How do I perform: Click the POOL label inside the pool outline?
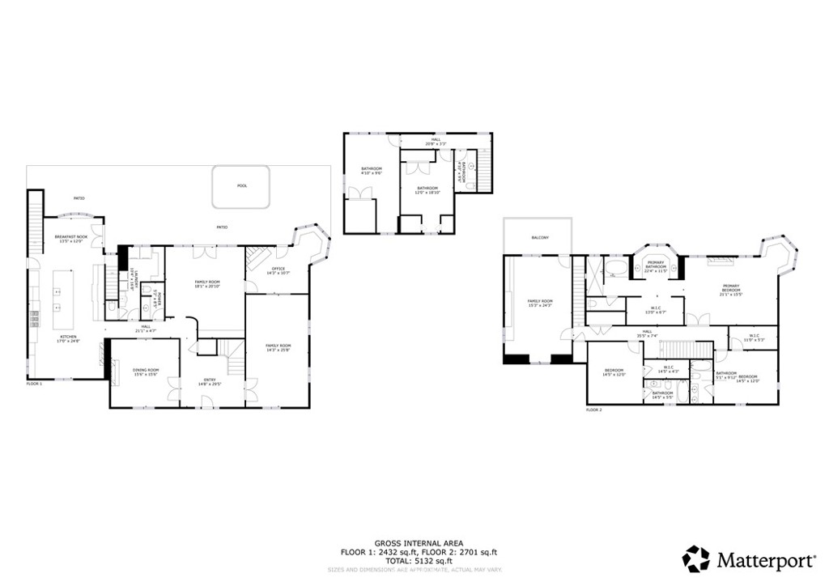242,185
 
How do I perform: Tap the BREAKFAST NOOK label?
70,237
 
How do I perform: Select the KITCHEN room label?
68,337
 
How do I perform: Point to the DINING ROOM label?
146,370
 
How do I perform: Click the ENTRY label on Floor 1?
210,380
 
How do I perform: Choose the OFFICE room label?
278,270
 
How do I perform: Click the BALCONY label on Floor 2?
540,237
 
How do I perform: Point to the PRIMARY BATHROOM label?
656,264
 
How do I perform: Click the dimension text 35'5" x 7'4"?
648,335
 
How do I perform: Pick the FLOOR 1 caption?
34,384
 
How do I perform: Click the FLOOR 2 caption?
594,410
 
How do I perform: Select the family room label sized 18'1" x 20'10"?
208,282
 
